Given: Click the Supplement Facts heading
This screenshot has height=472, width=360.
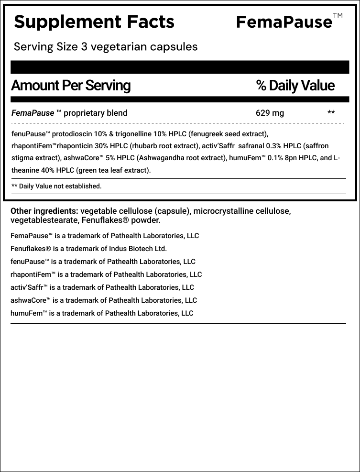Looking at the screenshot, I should coord(94,22).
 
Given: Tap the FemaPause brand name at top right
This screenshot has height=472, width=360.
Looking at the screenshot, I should coord(284,22).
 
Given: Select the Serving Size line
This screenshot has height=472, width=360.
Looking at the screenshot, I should coord(106,47).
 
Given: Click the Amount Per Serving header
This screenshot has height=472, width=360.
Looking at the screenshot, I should coord(70,86).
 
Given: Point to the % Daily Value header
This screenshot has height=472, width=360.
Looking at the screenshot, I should coord(295,86).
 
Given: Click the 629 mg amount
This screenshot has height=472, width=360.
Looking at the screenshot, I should coord(270,113).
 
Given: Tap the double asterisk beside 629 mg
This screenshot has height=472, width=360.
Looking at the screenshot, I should coord(331,113).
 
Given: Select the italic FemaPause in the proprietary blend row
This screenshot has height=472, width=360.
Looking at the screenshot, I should coord(33,113).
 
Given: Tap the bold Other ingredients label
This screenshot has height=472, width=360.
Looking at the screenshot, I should coord(44,211).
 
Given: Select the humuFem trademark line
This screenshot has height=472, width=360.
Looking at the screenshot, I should coord(102,313).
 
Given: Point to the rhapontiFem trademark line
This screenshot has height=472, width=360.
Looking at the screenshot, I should coord(106,274).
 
